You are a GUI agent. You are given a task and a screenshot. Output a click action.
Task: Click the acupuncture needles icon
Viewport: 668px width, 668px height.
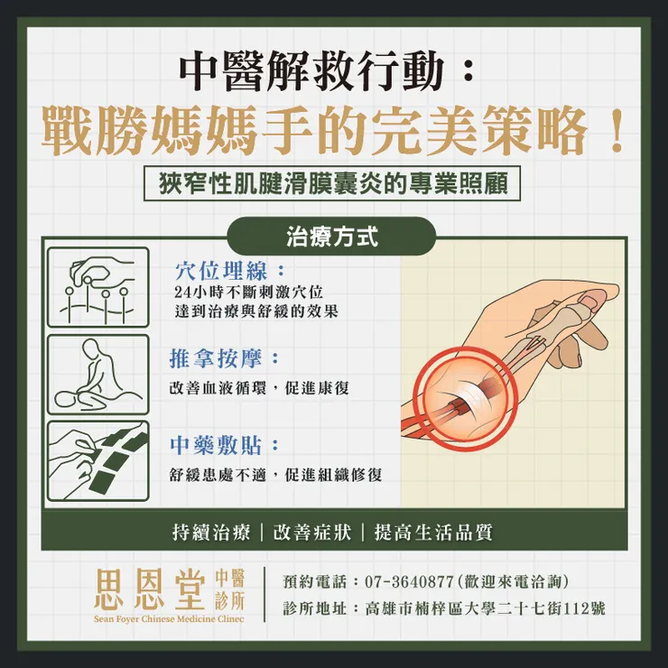[x=97, y=287]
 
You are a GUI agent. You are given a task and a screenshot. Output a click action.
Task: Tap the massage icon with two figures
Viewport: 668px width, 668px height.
[x=97, y=374]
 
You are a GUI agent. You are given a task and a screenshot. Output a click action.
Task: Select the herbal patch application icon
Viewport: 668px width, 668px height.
[x=97, y=460]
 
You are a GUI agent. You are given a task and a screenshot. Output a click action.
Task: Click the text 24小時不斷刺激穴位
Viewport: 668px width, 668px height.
[x=248, y=293]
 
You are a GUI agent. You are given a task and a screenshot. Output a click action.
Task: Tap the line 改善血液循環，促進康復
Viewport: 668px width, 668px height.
[x=259, y=387]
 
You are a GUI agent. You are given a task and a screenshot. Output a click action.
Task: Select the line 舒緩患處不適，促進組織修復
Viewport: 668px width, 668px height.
[x=275, y=475]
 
